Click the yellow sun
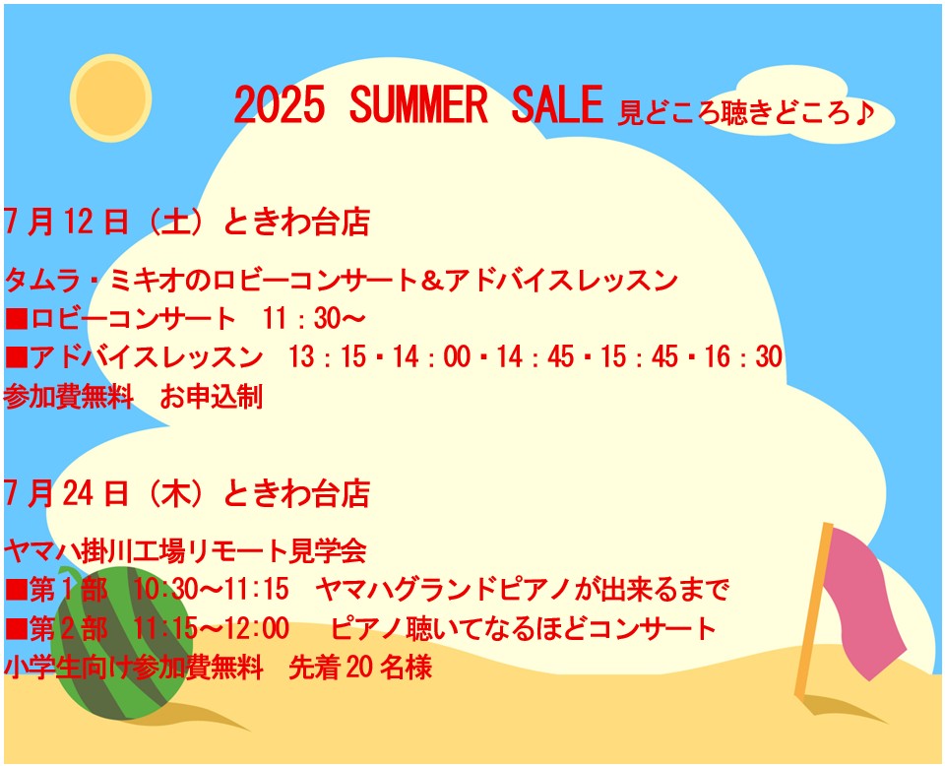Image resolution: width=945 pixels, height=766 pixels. point(111,98)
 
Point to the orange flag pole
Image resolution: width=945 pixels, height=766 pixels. point(814,609)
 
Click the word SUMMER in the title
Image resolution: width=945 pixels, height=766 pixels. point(417,105)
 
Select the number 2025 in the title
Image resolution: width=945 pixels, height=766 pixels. point(279,105)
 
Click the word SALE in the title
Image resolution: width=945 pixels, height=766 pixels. point(557,105)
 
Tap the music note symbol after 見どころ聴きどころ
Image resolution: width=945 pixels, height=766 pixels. point(864,112)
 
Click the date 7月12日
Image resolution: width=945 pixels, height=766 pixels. point(66,222)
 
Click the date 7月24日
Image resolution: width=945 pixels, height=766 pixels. point(66,493)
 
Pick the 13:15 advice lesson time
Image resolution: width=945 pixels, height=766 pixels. point(328,356)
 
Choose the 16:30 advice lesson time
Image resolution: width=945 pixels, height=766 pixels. point(744,356)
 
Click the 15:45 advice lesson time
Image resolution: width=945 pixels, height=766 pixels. point(640,356)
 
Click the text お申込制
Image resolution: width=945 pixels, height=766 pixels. point(212,397)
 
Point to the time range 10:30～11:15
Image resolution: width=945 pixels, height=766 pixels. point(211,589)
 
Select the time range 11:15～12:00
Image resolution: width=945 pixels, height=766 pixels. point(211,628)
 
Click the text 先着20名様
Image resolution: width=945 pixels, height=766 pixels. point(360,668)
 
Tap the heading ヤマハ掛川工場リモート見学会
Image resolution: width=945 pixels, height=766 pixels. point(186,550)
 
